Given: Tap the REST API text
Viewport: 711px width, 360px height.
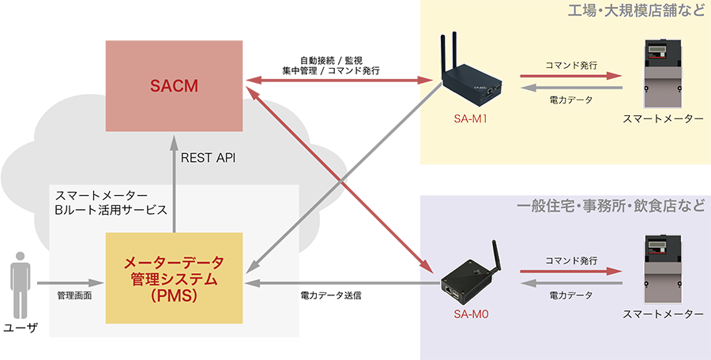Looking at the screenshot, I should (209, 158).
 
